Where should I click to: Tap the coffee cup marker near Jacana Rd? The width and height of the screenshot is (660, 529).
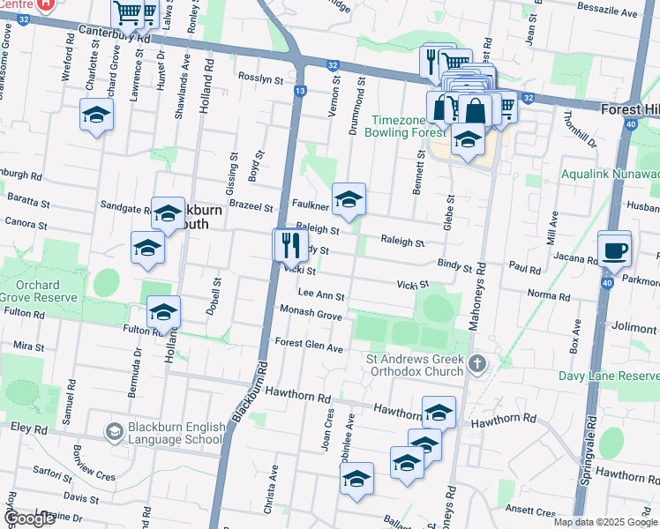(x=614, y=249)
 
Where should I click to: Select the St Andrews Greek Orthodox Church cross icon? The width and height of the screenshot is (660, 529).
(x=476, y=363)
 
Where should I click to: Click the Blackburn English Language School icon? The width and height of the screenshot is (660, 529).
(x=114, y=432)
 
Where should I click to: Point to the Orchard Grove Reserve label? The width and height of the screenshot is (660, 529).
(x=31, y=292)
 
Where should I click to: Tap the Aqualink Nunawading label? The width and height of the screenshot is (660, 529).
(x=610, y=175)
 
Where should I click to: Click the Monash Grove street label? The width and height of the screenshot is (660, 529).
(x=311, y=313)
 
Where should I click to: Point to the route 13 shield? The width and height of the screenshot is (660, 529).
(x=301, y=91)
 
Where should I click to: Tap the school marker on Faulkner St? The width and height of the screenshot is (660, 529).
(x=349, y=200)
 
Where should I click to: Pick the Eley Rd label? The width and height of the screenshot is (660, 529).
(x=28, y=429)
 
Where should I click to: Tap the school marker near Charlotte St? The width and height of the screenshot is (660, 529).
(x=97, y=115)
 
